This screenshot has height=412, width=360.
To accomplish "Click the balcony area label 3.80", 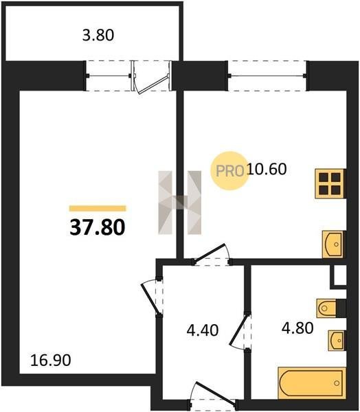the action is pos(98,36).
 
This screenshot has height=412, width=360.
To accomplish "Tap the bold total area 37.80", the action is pos(98,227).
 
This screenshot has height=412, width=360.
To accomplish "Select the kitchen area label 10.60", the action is pos(267,169).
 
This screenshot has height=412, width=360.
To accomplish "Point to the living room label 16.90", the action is pos(50,360).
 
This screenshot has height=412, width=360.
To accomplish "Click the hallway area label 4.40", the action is pos(203,330).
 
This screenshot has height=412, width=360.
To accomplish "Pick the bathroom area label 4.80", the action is pos(297,328).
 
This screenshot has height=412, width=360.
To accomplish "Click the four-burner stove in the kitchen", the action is pos(330,183).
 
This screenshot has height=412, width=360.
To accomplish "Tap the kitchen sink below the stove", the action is pos(333,244).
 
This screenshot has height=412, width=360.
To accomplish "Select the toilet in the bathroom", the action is pos(326,308).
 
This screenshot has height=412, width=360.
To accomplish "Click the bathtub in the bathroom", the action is pos(312,383).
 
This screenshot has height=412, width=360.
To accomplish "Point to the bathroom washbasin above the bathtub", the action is pos(336,341).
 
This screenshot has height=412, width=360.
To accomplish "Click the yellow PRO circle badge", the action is pos(229,171).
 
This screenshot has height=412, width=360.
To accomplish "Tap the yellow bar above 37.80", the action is pos(98,208).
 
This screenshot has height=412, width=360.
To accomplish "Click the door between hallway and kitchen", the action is pos(210,253).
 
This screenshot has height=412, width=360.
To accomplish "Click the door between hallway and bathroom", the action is pos(239,330).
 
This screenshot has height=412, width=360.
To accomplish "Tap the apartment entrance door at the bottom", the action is pos(216,392).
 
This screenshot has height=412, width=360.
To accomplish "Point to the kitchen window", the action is pos(267,76).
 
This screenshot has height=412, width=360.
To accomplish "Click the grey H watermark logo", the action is pos(179,203).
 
